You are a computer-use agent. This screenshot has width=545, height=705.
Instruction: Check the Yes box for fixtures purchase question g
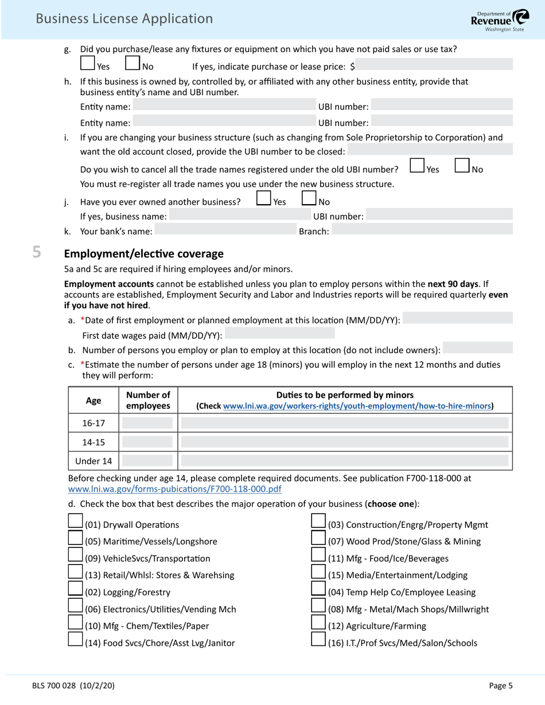88,62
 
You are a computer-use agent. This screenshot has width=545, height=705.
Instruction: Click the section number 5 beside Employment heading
37,253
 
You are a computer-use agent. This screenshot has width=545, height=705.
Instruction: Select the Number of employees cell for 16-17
148,424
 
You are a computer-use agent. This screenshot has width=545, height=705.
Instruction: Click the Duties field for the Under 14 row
345,460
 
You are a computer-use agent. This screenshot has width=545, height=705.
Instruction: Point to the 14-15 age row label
94,442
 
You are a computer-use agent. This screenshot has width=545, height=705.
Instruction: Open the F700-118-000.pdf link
174,489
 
